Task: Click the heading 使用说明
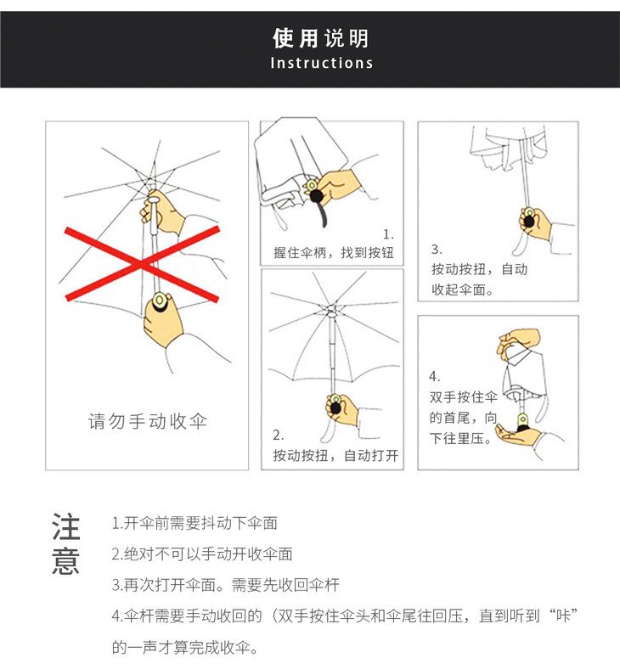[320, 38]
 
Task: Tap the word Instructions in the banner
[322, 63]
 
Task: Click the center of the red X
[142, 265]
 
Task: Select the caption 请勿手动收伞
[148, 421]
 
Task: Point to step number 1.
[388, 234]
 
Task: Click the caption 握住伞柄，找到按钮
[333, 253]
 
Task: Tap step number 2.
[279, 436]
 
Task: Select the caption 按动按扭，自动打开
[335, 455]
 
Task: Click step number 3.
[437, 249]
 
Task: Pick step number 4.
[434, 376]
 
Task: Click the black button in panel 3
[529, 222]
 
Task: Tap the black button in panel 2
[335, 408]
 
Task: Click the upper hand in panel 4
[517, 340]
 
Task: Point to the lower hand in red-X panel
[162, 318]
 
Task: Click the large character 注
[66, 527]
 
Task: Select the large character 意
[66, 560]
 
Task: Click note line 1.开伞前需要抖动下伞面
[194, 523]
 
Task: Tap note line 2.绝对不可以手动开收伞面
[202, 554]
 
